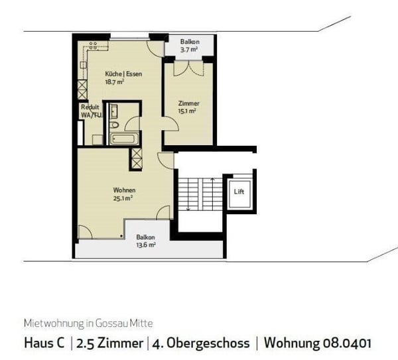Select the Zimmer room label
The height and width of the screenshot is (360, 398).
coord(188,103)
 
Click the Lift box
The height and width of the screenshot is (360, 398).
coord(239,192)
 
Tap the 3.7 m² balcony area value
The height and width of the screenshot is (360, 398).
coord(188,48)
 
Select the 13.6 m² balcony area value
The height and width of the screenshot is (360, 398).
coord(146,245)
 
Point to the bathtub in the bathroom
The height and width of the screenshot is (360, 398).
coord(123,139)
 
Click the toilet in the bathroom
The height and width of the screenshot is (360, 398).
coord(115,124)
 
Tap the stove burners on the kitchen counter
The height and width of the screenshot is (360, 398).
coord(94,46)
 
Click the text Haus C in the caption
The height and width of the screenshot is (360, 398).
coord(46,343)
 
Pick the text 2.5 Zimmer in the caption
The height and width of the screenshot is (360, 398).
coord(110,343)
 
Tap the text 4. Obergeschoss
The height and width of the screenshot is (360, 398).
coord(202,343)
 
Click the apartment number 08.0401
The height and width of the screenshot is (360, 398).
coord(343,343)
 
